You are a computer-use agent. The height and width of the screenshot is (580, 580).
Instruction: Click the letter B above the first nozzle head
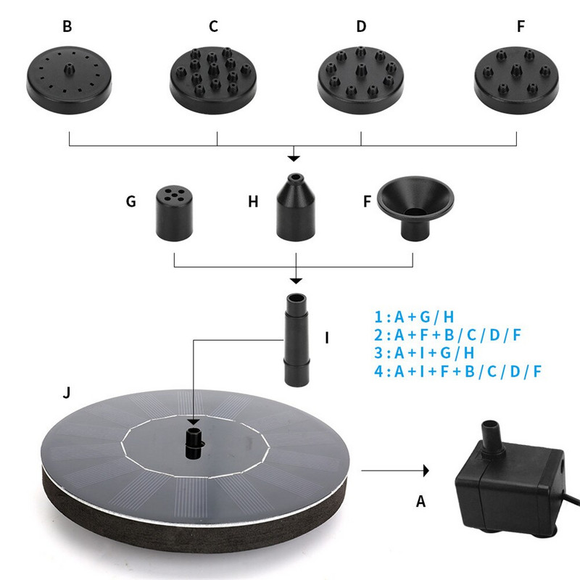click(x=67, y=27)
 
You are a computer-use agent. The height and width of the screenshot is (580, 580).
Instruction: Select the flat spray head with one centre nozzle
click(x=69, y=80)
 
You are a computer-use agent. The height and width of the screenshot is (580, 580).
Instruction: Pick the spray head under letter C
click(x=213, y=80)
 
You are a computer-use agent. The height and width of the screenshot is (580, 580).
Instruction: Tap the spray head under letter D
click(x=360, y=80)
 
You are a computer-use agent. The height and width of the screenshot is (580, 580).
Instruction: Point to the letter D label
click(x=361, y=27)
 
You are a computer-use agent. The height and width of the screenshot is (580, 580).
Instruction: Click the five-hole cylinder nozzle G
click(x=174, y=213)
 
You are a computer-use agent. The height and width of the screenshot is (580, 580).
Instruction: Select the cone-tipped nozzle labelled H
click(x=296, y=207)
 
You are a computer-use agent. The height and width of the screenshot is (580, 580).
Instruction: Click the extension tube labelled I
click(x=297, y=340)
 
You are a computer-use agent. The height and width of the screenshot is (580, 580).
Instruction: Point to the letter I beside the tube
click(x=327, y=338)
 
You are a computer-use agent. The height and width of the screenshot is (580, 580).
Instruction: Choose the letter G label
click(x=131, y=202)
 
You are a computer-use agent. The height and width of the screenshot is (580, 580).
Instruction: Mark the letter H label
click(x=253, y=202)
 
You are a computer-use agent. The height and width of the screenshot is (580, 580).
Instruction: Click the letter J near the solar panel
click(x=67, y=392)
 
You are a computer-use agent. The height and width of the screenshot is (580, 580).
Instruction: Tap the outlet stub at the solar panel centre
click(x=194, y=443)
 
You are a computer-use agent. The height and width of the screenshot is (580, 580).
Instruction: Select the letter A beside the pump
click(x=421, y=502)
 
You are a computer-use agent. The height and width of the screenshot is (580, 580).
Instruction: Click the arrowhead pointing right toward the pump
click(x=426, y=471)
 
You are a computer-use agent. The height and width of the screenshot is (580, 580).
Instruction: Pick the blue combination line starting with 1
click(x=414, y=317)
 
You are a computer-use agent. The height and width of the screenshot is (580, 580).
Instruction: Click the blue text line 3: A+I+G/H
click(x=424, y=353)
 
